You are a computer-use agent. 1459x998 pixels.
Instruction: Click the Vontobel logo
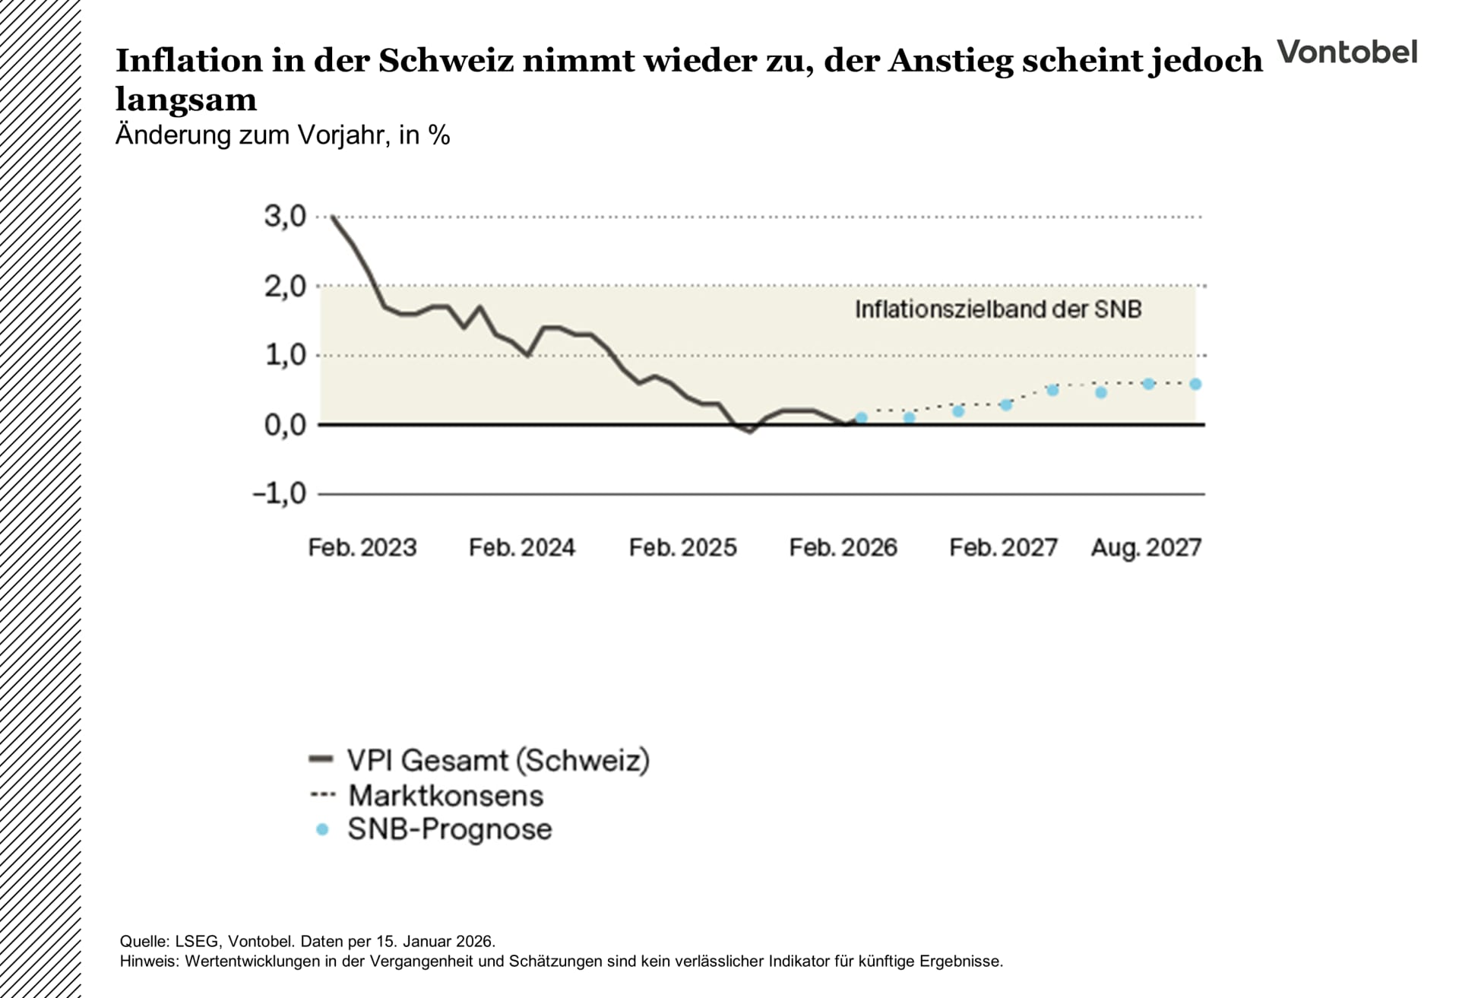(x=1347, y=52)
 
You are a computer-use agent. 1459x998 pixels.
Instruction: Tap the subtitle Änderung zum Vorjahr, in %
(x=282, y=135)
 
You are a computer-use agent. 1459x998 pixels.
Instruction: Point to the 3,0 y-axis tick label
(x=285, y=217)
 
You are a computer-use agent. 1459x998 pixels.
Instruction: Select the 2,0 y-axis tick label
(x=285, y=287)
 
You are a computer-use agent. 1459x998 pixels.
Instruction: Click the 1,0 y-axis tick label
(x=285, y=355)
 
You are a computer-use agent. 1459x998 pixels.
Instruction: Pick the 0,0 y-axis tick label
(x=285, y=425)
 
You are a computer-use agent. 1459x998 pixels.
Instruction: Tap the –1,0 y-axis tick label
(x=279, y=493)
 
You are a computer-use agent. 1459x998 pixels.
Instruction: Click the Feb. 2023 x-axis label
(x=362, y=547)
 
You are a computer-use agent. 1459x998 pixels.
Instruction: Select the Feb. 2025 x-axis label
(x=682, y=547)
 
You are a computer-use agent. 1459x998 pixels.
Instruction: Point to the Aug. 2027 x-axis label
(x=1146, y=547)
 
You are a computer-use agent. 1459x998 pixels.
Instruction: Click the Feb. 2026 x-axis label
(x=843, y=547)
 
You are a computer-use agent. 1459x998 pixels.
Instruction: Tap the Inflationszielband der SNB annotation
(x=998, y=309)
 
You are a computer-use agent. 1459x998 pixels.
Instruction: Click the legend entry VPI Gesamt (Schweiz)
(x=498, y=760)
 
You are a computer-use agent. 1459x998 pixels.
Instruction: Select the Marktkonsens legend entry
(x=445, y=796)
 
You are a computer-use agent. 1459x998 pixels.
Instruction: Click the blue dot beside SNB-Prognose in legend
(x=322, y=829)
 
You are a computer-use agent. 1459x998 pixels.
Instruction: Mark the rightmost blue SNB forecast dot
(x=1195, y=385)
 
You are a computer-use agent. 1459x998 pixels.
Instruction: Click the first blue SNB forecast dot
(x=861, y=418)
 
